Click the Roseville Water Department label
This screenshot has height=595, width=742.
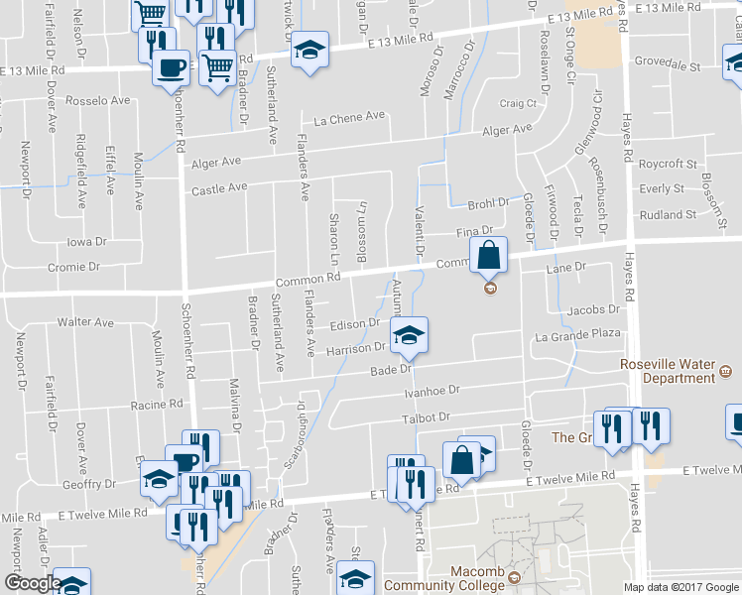tap(667, 371)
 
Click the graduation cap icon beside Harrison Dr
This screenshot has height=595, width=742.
tap(407, 336)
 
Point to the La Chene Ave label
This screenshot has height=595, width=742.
tap(349, 117)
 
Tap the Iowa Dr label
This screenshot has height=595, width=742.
tap(86, 242)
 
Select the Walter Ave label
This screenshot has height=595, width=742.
tap(86, 322)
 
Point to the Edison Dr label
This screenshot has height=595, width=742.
tap(356, 323)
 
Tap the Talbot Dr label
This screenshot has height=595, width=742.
tap(432, 417)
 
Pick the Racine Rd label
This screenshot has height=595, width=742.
tap(158, 405)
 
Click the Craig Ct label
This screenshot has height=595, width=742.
tap(518, 103)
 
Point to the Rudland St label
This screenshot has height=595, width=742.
tap(669, 214)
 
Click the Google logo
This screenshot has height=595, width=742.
tap(32, 583)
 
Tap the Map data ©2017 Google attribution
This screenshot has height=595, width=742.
tap(680, 587)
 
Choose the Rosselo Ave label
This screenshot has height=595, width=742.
tap(98, 101)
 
